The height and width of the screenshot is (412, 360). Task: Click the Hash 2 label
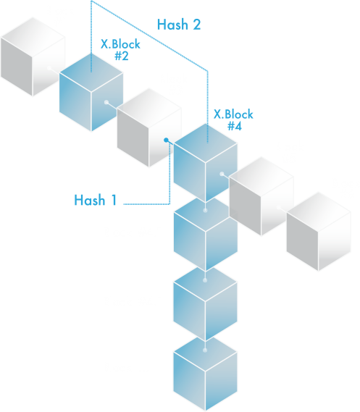(179, 25)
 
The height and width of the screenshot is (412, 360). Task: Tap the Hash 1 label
(95, 200)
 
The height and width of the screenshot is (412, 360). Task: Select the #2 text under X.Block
(122, 56)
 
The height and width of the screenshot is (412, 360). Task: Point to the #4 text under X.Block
(235, 126)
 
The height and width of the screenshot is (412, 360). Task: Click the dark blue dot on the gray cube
(166, 140)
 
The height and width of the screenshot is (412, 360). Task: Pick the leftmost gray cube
(33, 56)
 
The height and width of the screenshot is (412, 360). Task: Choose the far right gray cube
(319, 232)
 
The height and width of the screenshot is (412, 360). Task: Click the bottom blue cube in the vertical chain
(205, 373)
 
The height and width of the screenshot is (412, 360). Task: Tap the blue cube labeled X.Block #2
(91, 92)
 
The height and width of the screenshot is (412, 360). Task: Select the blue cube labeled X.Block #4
(206, 163)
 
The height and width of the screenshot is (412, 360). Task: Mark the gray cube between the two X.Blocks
(149, 127)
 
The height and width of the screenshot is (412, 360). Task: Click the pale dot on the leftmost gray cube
(49, 68)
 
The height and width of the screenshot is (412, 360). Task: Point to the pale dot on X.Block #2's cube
(106, 102)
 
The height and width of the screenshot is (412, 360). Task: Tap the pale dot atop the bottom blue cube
(205, 350)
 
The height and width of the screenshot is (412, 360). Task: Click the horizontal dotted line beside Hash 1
(146, 204)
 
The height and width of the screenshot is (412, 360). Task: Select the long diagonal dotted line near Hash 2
(149, 35)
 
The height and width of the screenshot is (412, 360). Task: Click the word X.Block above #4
(233, 114)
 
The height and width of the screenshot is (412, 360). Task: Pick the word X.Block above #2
(120, 44)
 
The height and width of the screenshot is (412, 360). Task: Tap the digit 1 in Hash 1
(114, 200)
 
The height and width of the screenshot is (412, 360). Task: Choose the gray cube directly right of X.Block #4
(261, 196)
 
